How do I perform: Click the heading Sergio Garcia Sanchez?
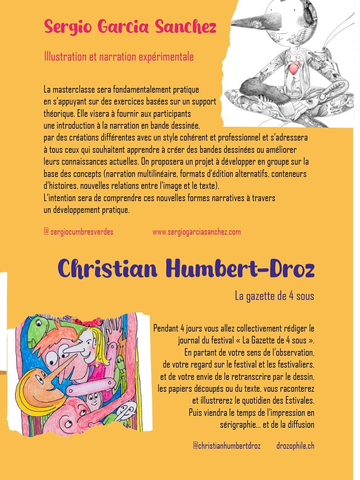[130, 27]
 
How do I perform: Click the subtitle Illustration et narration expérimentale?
[119, 57]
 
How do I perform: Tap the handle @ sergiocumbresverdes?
[78, 232]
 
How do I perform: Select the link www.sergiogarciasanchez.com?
[196, 232]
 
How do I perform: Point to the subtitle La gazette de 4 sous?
[274, 296]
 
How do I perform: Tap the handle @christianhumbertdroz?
[227, 446]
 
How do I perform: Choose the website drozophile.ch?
[295, 446]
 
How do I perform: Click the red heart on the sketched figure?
[294, 68]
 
